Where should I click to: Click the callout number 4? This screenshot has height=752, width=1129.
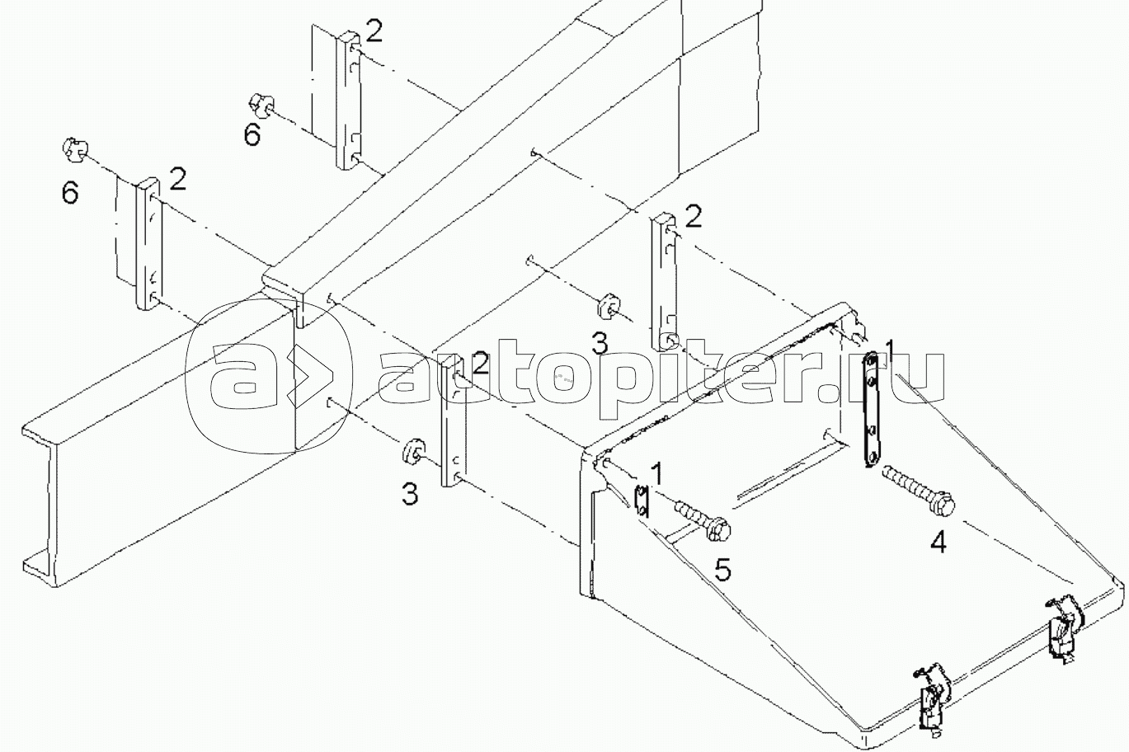tap(938, 542)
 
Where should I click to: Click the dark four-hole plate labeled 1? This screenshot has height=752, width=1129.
tap(871, 409)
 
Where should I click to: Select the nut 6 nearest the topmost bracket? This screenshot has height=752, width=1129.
tap(257, 105)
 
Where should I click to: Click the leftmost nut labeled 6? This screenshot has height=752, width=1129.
tap(73, 151)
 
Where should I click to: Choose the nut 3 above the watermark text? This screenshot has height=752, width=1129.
tap(609, 304)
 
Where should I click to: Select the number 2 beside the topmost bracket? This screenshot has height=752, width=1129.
tap(374, 31)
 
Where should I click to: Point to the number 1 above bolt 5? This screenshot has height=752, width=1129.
tap(656, 474)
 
